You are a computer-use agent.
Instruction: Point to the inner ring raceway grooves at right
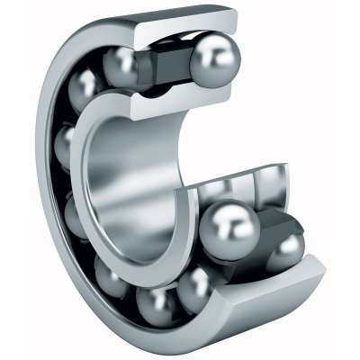243,184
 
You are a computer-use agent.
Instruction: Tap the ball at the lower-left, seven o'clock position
113,278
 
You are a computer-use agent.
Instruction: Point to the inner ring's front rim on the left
90,180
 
